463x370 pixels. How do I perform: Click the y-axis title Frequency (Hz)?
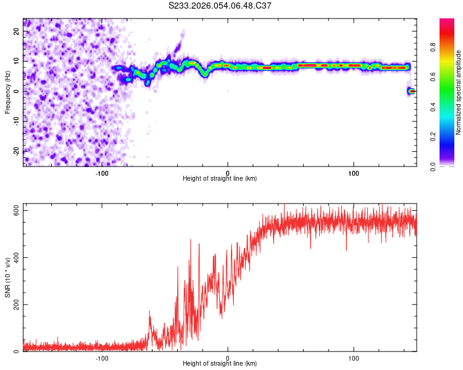coord(8,91)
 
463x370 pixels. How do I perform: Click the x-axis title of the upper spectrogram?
coord(220,178)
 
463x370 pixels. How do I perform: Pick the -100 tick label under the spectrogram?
coord(102,172)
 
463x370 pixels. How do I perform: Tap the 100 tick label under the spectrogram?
coord(354,172)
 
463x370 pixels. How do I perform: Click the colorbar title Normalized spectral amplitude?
coord(459,92)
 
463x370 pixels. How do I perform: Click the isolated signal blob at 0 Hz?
coord(411,91)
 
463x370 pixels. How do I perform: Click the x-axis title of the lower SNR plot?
coord(220,364)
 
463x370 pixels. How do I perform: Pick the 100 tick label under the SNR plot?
coord(354,358)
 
